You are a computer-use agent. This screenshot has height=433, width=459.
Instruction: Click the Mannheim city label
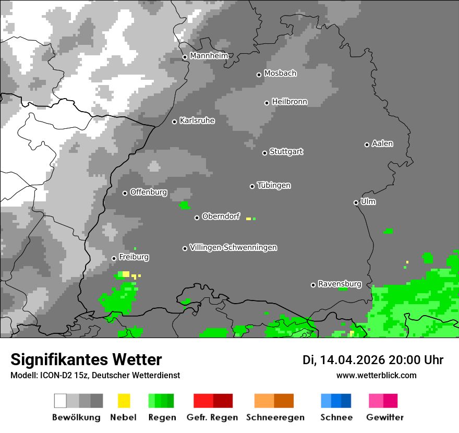pos(209,56)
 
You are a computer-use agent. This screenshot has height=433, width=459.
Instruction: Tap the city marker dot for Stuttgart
pos(264,153)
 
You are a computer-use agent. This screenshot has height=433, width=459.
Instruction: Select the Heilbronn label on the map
pos(289,102)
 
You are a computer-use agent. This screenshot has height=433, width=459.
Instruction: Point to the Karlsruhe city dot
pos(175,122)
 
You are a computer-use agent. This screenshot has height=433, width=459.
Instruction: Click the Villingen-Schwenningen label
pos(233,247)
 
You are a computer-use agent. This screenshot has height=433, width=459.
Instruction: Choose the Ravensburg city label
pos(340,284)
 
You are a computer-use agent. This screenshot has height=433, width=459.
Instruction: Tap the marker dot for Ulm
pos(356,202)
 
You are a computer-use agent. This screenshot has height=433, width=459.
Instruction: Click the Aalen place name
pos(382,143)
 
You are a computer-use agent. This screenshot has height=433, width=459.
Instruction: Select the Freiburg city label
pos(134,257)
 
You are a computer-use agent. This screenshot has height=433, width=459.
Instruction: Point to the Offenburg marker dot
pos(125,193)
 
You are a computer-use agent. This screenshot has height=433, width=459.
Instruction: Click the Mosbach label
pos(280,74)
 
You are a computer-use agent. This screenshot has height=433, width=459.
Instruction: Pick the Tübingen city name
pos(274,186)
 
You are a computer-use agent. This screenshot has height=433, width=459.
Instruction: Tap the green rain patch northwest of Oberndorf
pos(185,206)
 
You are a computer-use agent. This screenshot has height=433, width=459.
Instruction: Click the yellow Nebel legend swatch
pos(124,401)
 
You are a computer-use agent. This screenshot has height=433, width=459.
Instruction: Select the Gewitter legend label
pos(385,417)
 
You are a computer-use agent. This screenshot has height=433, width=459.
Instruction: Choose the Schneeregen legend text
pos(274,417)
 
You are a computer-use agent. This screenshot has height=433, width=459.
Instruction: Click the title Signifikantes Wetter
pos(86,359)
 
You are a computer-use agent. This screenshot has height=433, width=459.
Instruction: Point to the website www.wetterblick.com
pos(376,375)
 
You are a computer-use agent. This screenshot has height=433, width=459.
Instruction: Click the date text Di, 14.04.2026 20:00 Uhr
pos(373,360)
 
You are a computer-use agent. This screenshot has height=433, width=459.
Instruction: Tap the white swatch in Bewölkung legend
pos(61,401)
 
